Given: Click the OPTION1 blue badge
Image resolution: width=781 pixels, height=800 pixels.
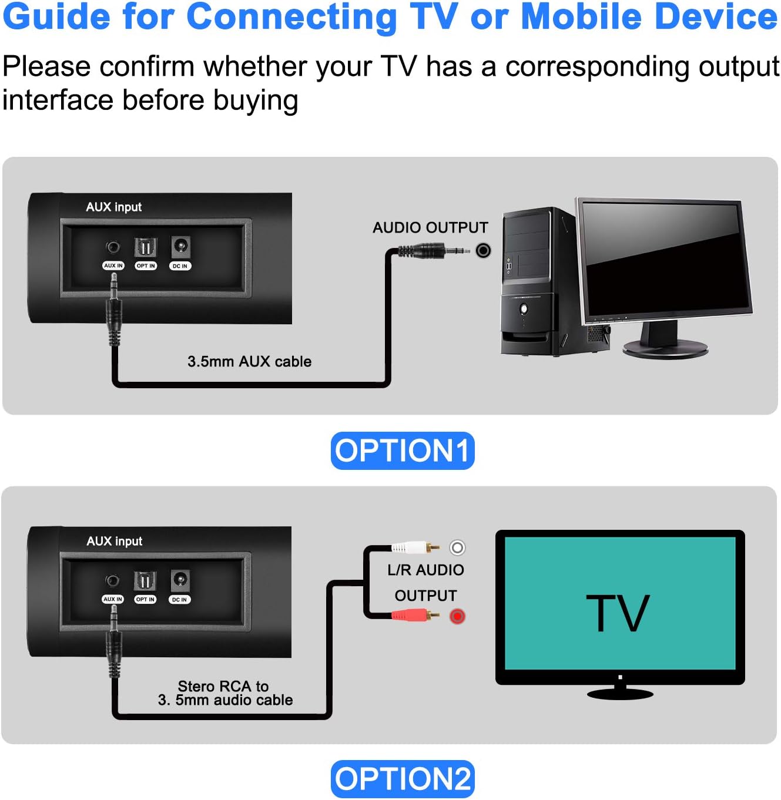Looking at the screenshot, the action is pyautogui.click(x=403, y=451).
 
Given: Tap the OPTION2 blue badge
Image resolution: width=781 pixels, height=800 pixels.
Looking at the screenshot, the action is pyautogui.click(x=403, y=779).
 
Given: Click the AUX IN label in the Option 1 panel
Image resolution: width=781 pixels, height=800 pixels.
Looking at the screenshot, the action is pyautogui.click(x=113, y=266).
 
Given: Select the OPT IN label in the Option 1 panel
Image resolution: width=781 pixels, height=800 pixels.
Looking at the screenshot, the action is pyautogui.click(x=146, y=266).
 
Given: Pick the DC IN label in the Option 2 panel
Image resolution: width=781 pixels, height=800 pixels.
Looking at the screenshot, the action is pyautogui.click(x=180, y=600).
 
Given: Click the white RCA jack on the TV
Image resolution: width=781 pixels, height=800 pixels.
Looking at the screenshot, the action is pyautogui.click(x=457, y=547).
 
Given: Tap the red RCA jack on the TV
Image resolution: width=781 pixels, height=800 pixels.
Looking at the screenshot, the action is pyautogui.click(x=457, y=616).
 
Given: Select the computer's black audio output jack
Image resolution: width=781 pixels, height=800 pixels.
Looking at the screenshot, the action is pyautogui.click(x=483, y=251).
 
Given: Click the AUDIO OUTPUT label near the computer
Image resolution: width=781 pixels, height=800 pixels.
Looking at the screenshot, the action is pyautogui.click(x=430, y=228).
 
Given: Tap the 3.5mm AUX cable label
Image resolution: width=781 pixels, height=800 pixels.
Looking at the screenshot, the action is pyautogui.click(x=249, y=362).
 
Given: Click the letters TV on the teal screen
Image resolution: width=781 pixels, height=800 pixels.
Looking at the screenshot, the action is pyautogui.click(x=618, y=614).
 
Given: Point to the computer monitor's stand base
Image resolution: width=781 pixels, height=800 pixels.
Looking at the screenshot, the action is pyautogui.click(x=665, y=348).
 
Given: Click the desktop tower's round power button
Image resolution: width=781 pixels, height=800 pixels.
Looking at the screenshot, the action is pyautogui.click(x=524, y=308).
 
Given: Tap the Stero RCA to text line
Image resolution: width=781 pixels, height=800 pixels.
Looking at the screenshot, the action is pyautogui.click(x=223, y=686).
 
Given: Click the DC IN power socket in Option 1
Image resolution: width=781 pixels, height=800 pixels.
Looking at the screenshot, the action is pyautogui.click(x=180, y=246).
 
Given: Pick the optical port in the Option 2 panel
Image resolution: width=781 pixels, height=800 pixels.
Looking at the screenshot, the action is pyautogui.click(x=145, y=581).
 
